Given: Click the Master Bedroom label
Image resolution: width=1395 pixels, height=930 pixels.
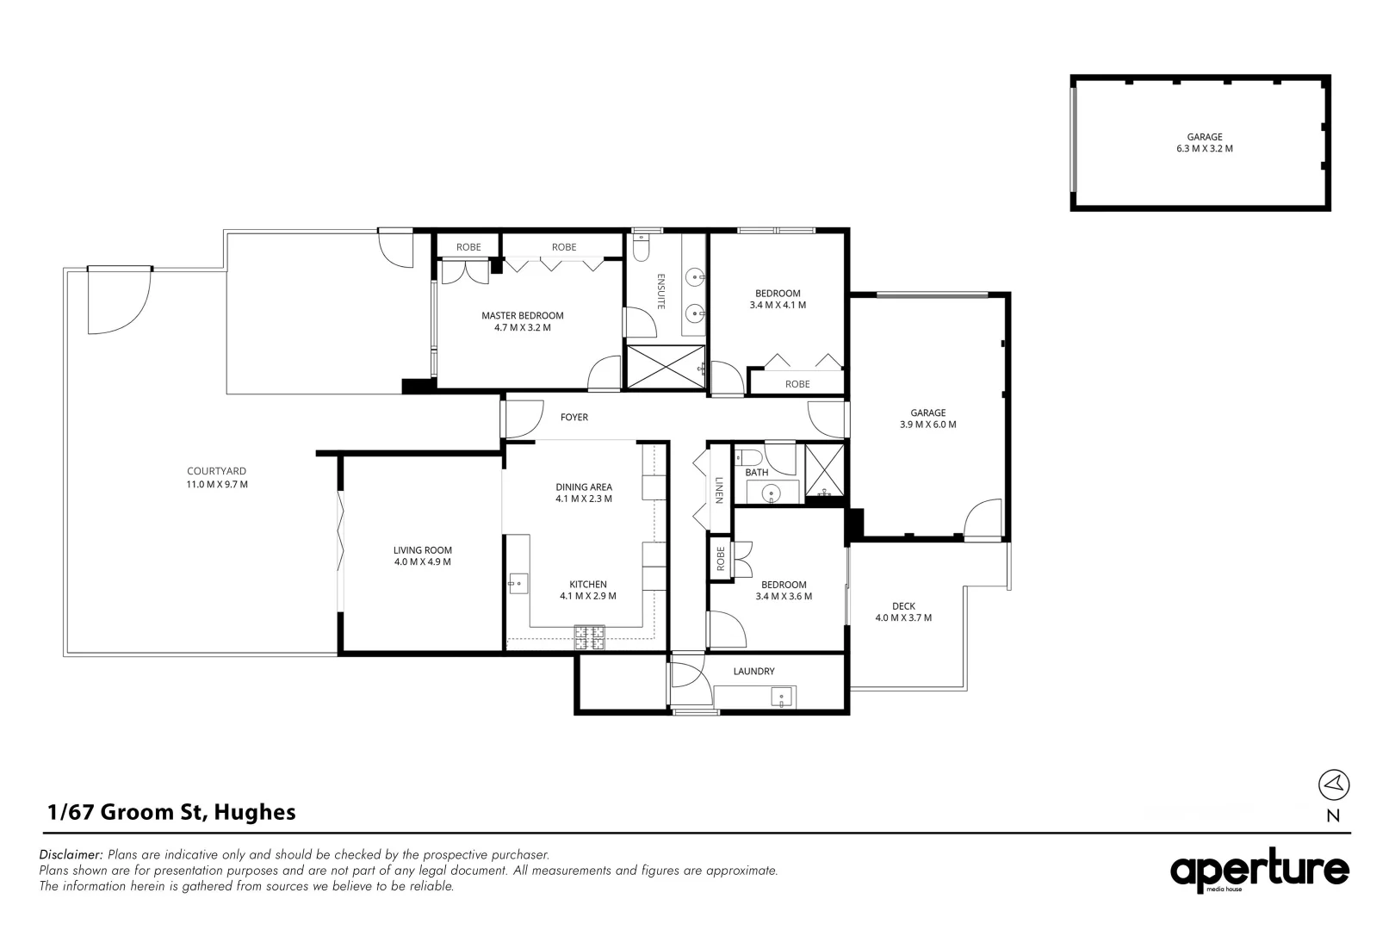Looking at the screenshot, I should (522, 321).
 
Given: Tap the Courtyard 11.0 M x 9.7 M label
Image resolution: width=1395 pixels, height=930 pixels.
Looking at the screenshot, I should (217, 477).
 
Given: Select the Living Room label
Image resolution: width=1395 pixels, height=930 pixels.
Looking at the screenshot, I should (422, 555).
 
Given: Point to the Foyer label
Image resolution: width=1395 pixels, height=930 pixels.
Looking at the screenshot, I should (574, 418).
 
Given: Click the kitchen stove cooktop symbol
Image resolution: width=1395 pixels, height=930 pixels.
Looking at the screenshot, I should (590, 637).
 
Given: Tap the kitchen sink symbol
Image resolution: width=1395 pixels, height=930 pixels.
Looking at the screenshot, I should (517, 583).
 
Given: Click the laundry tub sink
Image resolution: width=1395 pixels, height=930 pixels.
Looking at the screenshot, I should (784, 696).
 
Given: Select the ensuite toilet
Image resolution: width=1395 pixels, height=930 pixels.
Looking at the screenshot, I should (640, 249).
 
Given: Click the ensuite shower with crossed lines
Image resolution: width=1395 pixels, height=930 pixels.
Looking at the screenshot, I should (665, 366).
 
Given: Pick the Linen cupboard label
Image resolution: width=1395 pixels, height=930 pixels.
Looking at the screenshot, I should (719, 490).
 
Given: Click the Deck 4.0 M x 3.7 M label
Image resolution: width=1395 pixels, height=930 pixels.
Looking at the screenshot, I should (903, 611).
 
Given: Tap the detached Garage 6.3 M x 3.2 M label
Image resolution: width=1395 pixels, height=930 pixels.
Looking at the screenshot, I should (1205, 142).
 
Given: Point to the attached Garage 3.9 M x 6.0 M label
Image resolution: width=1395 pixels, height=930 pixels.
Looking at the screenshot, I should (927, 418).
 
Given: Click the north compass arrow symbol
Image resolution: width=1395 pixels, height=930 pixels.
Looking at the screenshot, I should (1334, 784).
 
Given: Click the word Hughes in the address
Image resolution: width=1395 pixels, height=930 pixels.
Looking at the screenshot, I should (255, 812).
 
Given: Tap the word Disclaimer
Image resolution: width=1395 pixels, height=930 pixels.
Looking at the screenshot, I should (71, 855).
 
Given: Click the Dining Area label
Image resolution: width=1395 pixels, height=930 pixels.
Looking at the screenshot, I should (584, 493).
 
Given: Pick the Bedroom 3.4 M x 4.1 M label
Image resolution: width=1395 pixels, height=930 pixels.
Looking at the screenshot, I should (778, 299).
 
